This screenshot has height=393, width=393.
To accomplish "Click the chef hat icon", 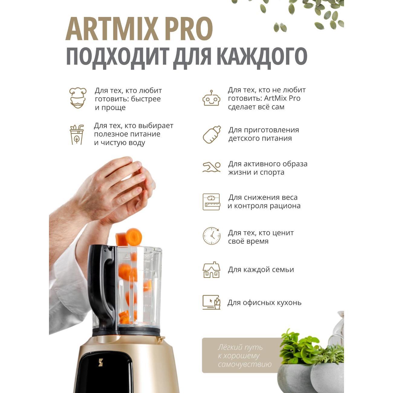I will coord(78,98).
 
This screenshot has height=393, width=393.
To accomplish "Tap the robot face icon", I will coord(211,98).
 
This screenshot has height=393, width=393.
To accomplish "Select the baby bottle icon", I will coord(211,135).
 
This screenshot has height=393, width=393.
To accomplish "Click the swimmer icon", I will coord(211,167).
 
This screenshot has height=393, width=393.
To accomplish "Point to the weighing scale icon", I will coord(211,202).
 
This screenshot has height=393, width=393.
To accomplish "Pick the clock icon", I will coord(211,236).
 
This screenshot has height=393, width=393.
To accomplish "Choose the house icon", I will coord(211,270).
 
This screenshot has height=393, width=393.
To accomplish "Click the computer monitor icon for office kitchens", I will coord(211,302).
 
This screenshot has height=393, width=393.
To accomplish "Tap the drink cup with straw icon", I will coord(77,135).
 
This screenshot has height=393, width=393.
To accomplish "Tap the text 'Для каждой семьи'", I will coord(261,270).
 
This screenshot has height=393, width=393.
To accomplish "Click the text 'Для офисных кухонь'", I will coord(264,303).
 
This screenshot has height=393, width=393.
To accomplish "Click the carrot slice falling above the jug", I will coord(134,236).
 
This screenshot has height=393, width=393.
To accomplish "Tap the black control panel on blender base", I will coord(106,372).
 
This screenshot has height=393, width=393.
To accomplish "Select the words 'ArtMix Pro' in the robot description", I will coord(282,98).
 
